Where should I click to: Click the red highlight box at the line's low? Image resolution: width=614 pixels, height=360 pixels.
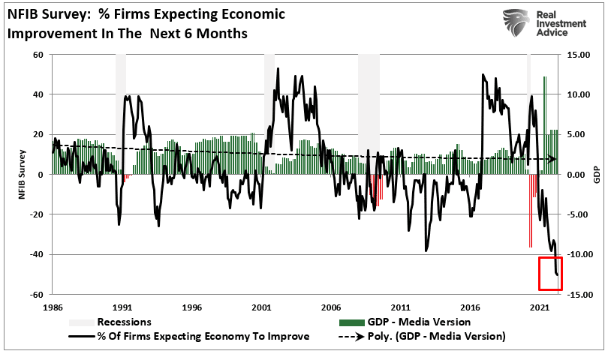pyautogui.click(x=550, y=273)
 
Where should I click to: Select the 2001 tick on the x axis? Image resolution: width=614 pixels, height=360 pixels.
pyautogui.click(x=261, y=307)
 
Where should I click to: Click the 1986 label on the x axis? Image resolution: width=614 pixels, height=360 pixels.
pyautogui.click(x=53, y=307)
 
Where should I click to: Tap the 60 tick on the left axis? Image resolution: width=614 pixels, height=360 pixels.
pyautogui.click(x=36, y=55)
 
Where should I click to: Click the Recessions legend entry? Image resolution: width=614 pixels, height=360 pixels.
pyautogui.click(x=123, y=322)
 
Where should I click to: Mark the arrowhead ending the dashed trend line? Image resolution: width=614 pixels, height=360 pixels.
pyautogui.click(x=552, y=159)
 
